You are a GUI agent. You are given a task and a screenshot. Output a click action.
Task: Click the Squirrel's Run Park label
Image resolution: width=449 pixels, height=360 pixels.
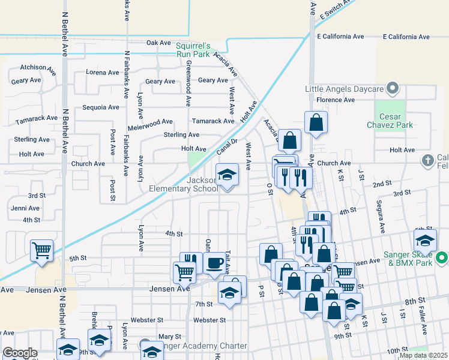[x=193, y=50]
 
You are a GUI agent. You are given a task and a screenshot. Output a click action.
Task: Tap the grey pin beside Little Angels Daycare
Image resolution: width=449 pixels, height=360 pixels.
[x=393, y=89]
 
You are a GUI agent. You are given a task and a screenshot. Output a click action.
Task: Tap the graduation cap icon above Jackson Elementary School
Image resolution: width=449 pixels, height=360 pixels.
[x=227, y=175]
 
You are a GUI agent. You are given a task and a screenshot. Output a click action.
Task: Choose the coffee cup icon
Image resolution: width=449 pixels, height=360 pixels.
[x=215, y=263]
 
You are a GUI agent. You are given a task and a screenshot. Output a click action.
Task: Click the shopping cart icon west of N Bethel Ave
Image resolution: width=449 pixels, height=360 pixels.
[x=41, y=250]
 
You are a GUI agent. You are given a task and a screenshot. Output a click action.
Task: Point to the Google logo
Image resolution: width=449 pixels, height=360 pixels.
[x=19, y=353]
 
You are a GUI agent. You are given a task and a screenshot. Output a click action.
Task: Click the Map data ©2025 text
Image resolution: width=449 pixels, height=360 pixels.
[x=423, y=355]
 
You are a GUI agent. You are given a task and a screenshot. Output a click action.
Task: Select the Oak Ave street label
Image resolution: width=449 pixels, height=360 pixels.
[x=159, y=43]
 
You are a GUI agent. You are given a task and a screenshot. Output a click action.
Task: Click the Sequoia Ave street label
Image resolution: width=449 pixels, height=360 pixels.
[x=101, y=107]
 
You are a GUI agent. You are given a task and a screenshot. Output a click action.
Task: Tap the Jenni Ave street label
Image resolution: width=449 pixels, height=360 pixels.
[x=25, y=208]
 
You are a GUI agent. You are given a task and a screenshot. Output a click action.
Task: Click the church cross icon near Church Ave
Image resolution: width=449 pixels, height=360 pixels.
[x=427, y=160]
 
